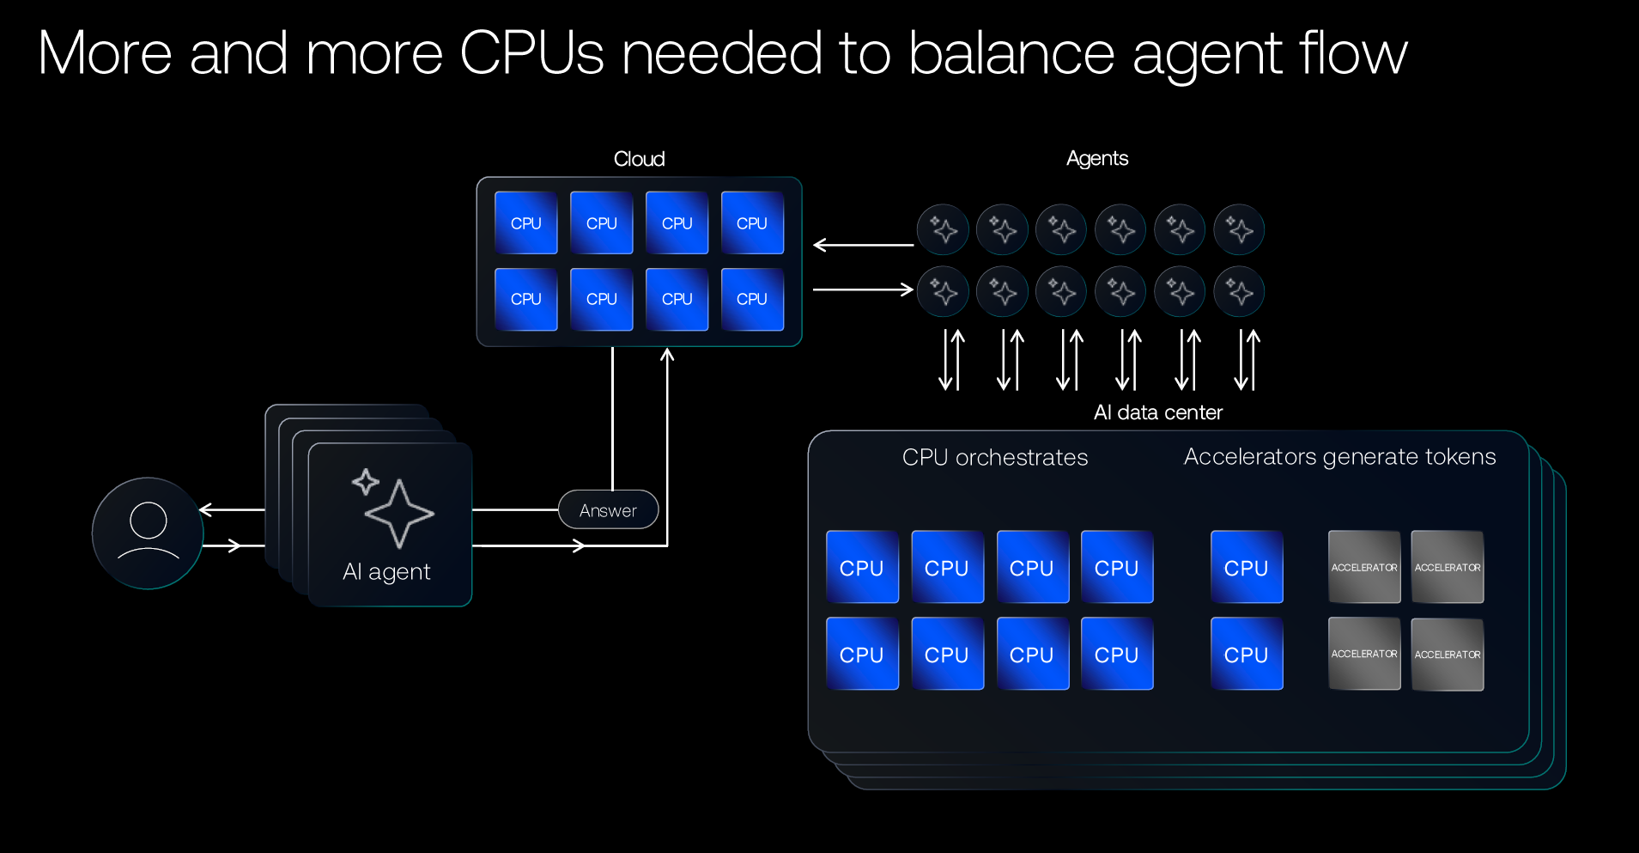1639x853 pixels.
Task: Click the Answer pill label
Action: pyautogui.click(x=608, y=510)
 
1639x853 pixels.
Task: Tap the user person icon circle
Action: pyautogui.click(x=148, y=533)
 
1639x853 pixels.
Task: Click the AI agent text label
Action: pyautogui.click(x=386, y=572)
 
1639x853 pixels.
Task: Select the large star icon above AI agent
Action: pyautogui.click(x=399, y=514)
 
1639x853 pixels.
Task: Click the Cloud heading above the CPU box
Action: pyautogui.click(x=639, y=159)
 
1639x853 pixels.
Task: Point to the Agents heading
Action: pyautogui.click(x=1096, y=158)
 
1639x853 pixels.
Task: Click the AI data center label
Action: pyautogui.click(x=1157, y=412)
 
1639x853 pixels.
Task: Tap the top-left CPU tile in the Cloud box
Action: pyautogui.click(x=525, y=223)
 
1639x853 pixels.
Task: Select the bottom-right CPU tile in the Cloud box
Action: pyautogui.click(x=752, y=299)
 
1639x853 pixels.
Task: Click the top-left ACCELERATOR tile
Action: pyautogui.click(x=1363, y=567)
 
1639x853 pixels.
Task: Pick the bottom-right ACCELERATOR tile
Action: pyautogui.click(x=1448, y=654)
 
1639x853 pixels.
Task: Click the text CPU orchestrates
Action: pyautogui.click(x=994, y=457)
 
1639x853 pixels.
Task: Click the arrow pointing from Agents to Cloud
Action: pyautogui.click(x=862, y=245)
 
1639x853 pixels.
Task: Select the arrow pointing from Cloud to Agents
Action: pyautogui.click(x=862, y=289)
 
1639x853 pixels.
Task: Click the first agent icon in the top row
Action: pyautogui.click(x=943, y=229)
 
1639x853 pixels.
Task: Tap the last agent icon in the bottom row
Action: pyautogui.click(x=1239, y=292)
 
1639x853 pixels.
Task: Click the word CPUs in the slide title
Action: pyautogui.click(x=531, y=53)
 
